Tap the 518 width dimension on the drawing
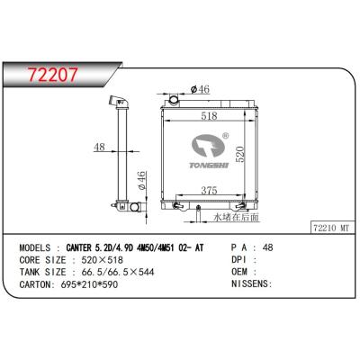coord(209,116)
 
